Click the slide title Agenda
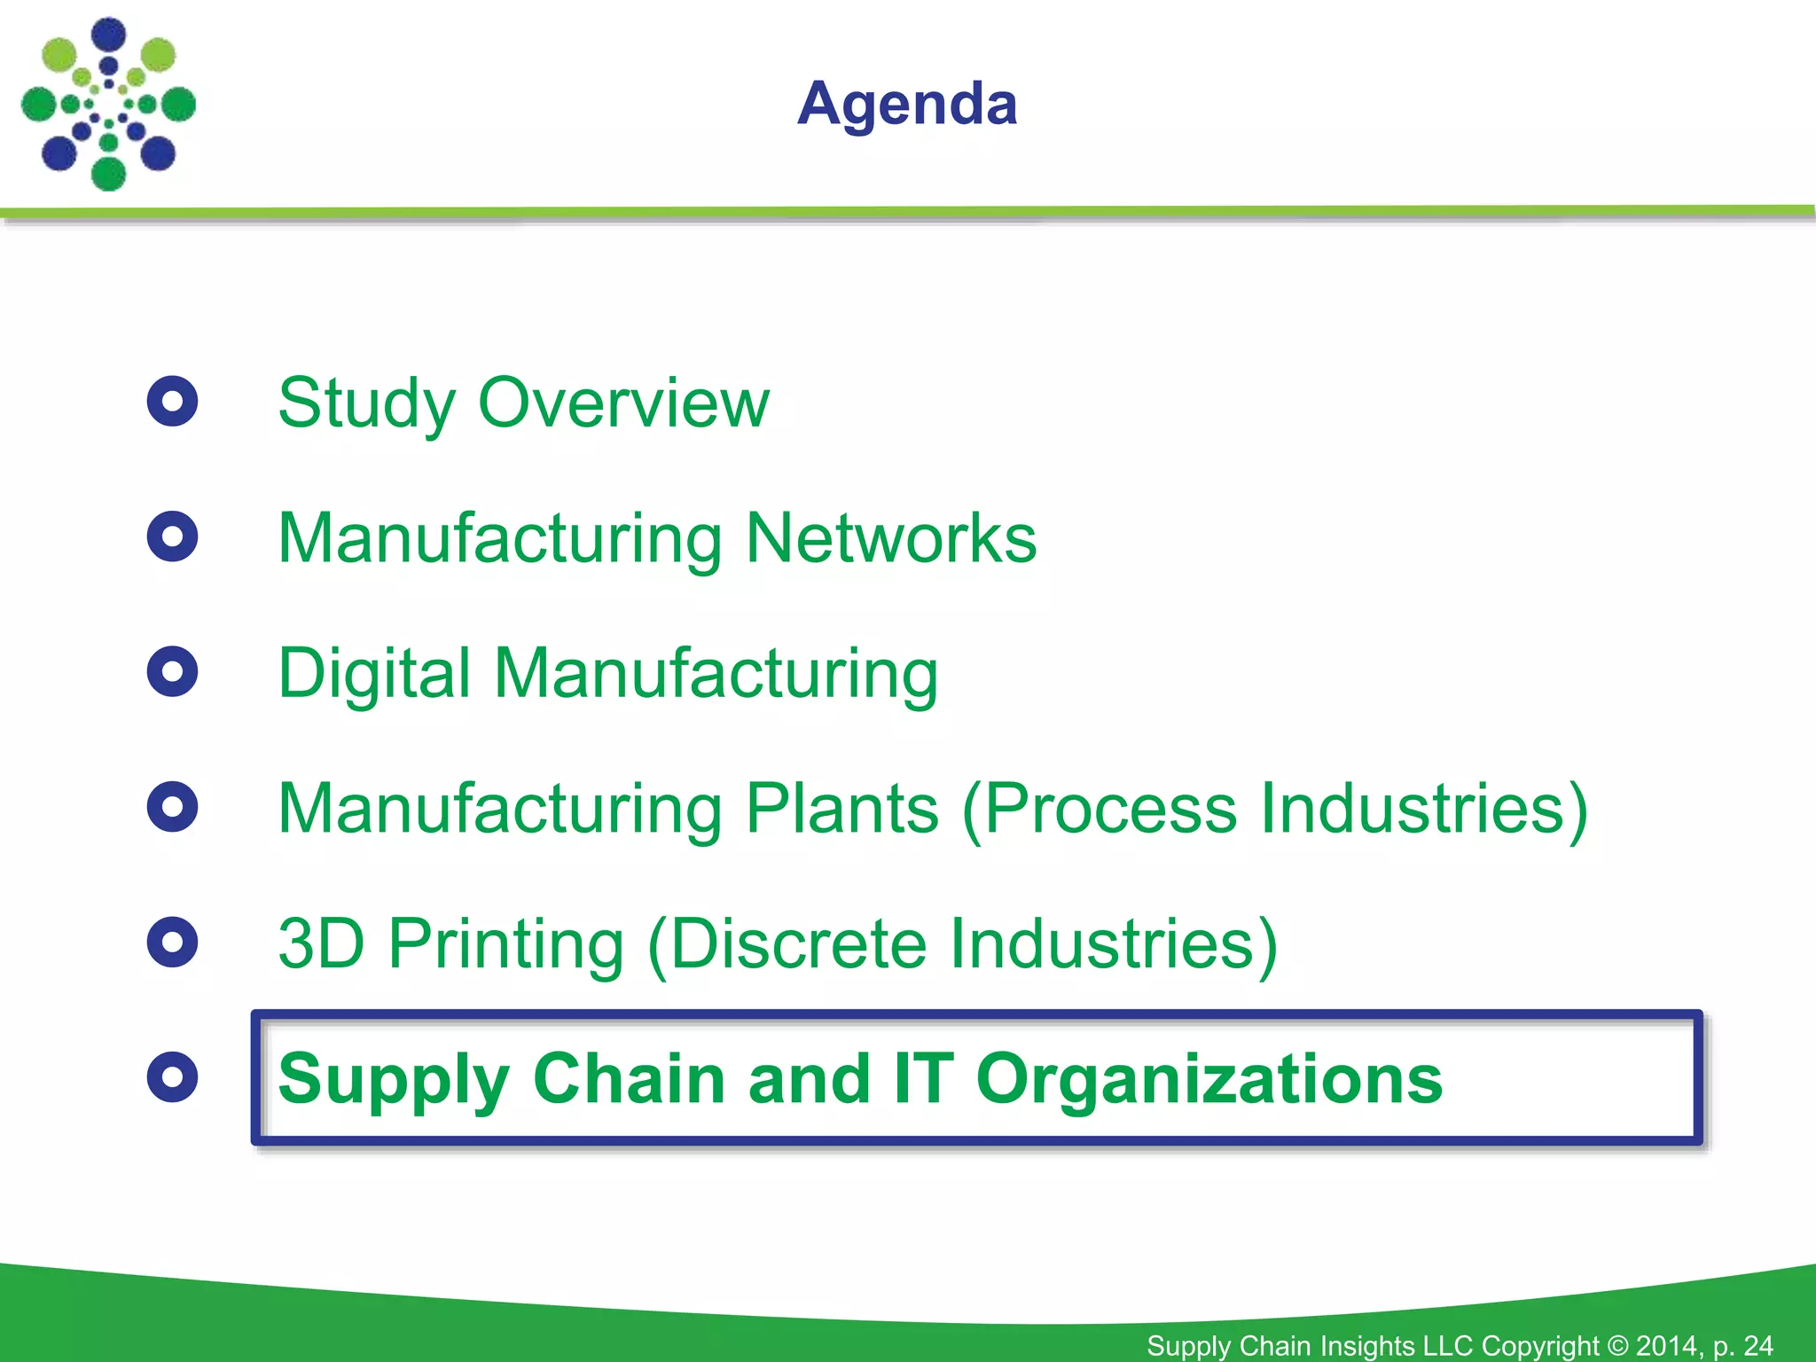pos(907,105)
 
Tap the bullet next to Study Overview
pos(172,402)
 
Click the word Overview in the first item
pos(623,403)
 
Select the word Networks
pos(890,538)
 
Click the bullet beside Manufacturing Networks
pos(172,536)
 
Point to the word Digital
pos(373,674)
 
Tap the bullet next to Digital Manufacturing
pos(172,671)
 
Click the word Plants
pos(841,809)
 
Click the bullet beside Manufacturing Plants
pos(172,807)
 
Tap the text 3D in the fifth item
pos(321,943)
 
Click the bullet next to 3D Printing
pos(172,942)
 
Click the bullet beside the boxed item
pos(172,1077)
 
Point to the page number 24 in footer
pos(1757,1345)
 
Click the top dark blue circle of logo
pos(109,35)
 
